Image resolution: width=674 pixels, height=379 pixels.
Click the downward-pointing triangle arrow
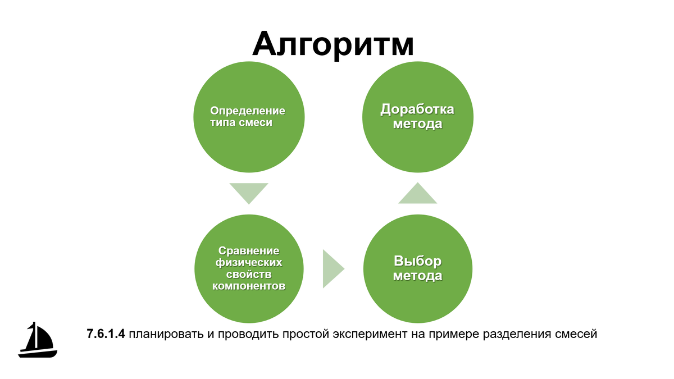tap(249, 193)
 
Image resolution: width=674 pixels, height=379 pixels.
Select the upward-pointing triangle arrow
tap(417, 194)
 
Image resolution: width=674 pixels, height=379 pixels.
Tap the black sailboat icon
tap(38, 340)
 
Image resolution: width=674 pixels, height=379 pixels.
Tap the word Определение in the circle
tap(248, 111)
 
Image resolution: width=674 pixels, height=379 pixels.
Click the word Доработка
tap(417, 109)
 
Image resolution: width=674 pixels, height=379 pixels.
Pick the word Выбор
tap(417, 262)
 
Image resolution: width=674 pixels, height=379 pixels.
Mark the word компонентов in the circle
tap(249, 286)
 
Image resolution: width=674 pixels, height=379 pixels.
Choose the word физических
tap(249, 262)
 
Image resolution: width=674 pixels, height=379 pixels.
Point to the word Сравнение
tap(249, 250)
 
